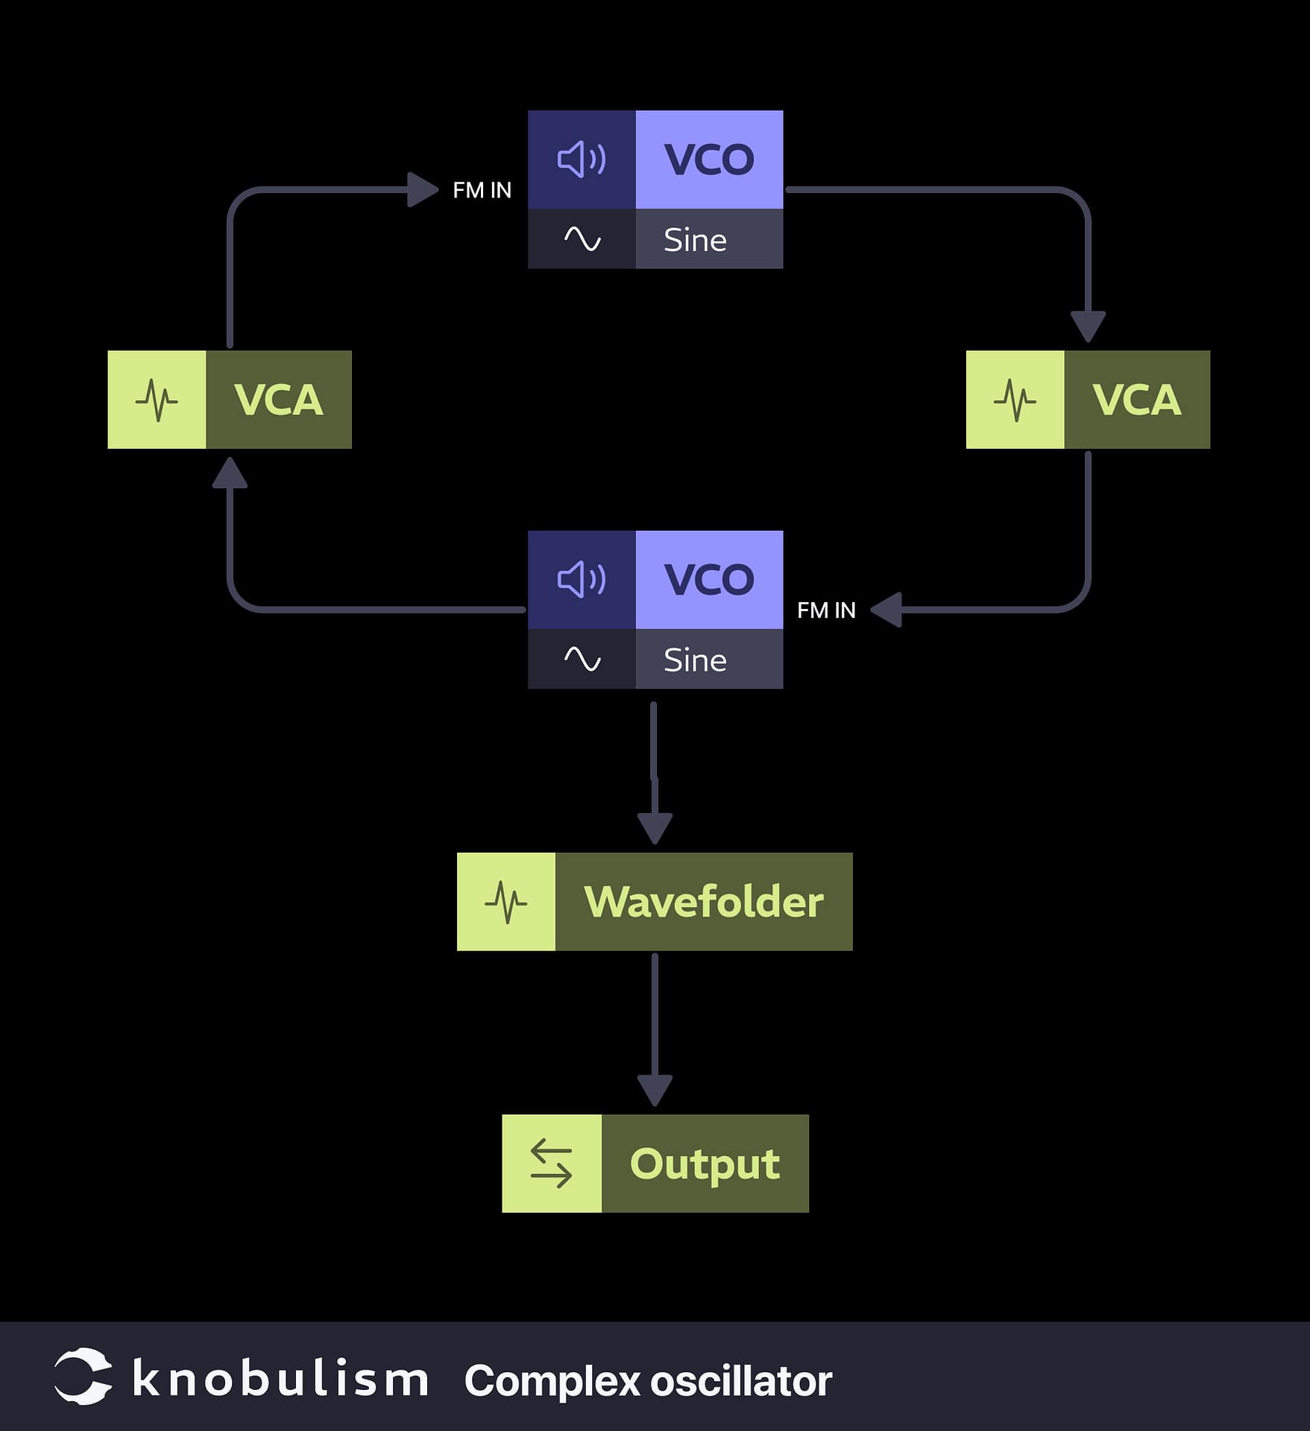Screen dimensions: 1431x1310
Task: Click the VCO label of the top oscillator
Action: tap(708, 159)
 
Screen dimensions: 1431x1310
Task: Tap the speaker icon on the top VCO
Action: tap(582, 159)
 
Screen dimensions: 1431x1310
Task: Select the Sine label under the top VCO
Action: tap(695, 240)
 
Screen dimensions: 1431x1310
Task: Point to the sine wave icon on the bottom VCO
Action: tap(582, 659)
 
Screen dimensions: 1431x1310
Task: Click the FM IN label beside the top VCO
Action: tap(482, 191)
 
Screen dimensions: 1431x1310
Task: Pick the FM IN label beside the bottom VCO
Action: tap(826, 610)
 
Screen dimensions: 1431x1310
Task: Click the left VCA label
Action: tap(278, 399)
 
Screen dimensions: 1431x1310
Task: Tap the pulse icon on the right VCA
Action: tap(1015, 399)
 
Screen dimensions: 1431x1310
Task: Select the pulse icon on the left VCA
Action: tap(157, 399)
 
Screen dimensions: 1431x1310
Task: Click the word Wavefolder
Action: tap(703, 902)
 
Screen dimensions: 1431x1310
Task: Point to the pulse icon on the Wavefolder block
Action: tap(506, 902)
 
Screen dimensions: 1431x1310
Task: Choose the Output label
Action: tap(705, 1163)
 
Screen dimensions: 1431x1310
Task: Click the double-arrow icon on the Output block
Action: tap(551, 1163)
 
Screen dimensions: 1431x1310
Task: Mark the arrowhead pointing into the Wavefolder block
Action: tap(655, 828)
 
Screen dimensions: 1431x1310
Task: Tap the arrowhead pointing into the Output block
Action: tap(655, 1090)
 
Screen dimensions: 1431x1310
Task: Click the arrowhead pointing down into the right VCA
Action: tap(1088, 326)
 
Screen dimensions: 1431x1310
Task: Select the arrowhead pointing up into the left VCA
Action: tap(230, 473)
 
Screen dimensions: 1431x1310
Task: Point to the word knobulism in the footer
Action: tap(280, 1378)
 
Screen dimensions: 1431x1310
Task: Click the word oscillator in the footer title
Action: tap(740, 1381)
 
